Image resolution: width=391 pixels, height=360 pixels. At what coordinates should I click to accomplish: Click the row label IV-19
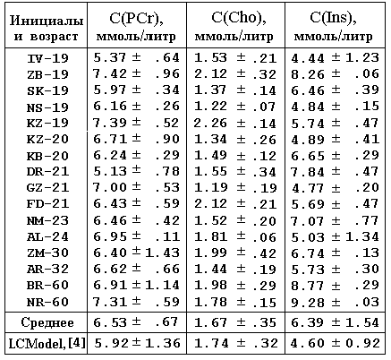(x=47, y=58)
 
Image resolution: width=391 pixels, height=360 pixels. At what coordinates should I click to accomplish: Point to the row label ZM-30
(x=47, y=253)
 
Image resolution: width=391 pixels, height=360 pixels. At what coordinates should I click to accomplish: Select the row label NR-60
(x=47, y=302)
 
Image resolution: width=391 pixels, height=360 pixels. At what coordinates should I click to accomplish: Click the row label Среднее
(x=47, y=322)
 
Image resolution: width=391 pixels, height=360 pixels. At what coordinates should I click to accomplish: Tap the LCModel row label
(x=47, y=344)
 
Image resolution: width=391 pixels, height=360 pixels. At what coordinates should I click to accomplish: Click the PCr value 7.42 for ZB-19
(x=110, y=73)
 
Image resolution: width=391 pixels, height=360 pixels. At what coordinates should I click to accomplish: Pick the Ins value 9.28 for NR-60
(x=308, y=303)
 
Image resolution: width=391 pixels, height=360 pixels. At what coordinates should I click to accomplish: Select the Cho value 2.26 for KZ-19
(x=210, y=123)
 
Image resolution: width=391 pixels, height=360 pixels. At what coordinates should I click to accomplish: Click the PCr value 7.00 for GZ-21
(x=110, y=187)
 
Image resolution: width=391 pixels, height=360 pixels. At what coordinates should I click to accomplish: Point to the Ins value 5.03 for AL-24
(x=308, y=237)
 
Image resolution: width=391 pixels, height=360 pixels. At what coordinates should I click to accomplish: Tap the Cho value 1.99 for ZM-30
(x=210, y=253)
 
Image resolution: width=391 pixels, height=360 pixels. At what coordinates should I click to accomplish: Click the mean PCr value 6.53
(x=110, y=322)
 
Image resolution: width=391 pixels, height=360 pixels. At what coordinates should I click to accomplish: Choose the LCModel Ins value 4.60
(x=308, y=343)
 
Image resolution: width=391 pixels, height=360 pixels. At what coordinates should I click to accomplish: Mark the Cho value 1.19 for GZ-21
(x=210, y=187)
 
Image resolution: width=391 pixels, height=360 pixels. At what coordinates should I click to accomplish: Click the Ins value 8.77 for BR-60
(x=308, y=286)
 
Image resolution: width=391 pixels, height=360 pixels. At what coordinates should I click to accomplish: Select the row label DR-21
(x=47, y=172)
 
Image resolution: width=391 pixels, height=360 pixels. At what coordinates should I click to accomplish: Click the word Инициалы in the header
(x=47, y=21)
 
